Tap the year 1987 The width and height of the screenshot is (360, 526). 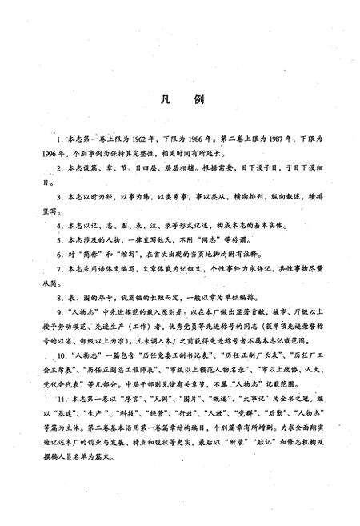pos(285,139)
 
